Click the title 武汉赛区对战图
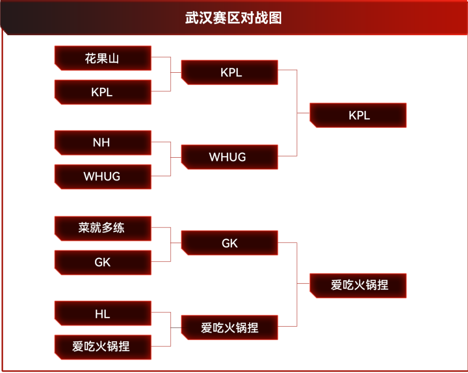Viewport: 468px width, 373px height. (234, 18)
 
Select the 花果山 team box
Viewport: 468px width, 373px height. (102, 59)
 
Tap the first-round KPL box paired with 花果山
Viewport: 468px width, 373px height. (102, 92)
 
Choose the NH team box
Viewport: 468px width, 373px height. (102, 143)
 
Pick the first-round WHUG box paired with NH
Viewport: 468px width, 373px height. (102, 176)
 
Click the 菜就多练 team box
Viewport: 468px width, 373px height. (102, 228)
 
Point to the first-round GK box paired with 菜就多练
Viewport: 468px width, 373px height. (102, 262)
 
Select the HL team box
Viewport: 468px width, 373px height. (102, 313)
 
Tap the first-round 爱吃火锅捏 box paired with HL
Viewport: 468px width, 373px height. (102, 347)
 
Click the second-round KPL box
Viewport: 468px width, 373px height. (230, 72)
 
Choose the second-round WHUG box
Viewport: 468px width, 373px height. (230, 157)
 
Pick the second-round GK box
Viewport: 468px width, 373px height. (230, 243)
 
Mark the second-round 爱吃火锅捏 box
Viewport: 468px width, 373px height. (230, 327)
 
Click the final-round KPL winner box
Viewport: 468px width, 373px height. (358, 115)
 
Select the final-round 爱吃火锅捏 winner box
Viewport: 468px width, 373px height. (358, 285)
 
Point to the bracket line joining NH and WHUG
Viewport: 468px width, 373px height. (171, 159)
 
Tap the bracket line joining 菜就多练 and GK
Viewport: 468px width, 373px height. (171, 245)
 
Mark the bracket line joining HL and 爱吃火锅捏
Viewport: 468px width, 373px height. (171, 330)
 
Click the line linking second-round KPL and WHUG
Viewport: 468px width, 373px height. (296, 113)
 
